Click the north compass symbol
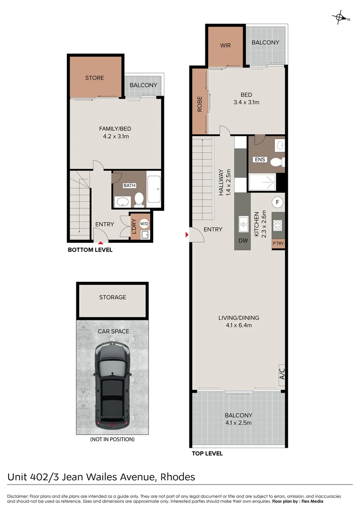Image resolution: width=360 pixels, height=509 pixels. [x=339, y=18]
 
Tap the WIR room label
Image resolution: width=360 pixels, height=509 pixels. [x=225, y=46]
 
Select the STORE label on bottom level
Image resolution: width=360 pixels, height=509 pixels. [x=95, y=78]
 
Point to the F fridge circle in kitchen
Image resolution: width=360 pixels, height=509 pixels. [x=278, y=202]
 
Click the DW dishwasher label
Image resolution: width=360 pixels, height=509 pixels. [x=243, y=240]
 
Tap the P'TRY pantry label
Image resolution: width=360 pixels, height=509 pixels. [x=278, y=244]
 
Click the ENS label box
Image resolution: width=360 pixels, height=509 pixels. [x=260, y=160]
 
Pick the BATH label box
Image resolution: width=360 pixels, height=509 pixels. [x=129, y=186]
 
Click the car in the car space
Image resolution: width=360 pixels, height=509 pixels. [x=112, y=386]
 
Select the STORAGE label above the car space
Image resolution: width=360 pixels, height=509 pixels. [x=113, y=297]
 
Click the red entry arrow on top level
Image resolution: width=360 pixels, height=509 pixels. [x=188, y=234]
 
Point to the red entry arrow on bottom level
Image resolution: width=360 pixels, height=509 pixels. [x=100, y=243]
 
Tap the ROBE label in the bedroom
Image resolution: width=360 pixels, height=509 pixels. [x=200, y=103]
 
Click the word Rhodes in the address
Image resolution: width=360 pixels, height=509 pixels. [x=177, y=477]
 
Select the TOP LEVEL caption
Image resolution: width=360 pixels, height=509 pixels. [x=207, y=453]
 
